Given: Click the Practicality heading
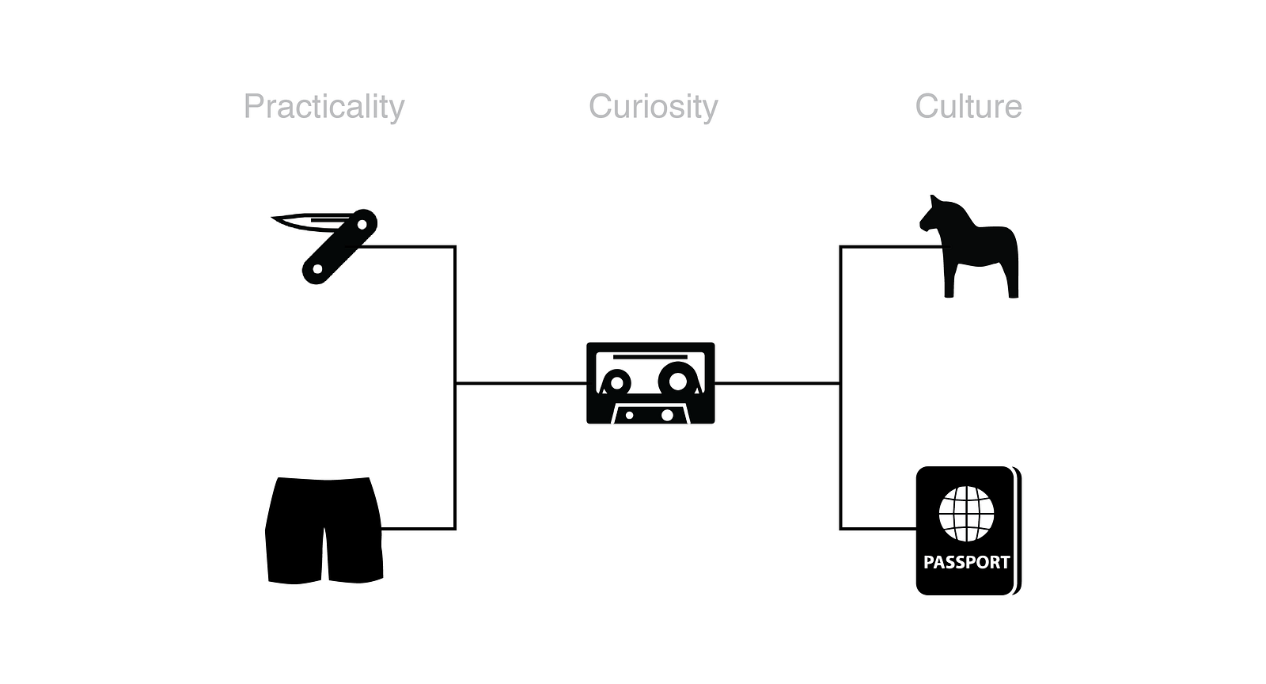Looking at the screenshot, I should click(324, 107).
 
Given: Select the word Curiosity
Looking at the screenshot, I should click(653, 107).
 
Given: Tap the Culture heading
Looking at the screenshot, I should click(968, 107).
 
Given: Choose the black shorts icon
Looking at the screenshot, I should click(324, 529).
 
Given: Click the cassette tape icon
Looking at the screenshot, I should click(650, 383).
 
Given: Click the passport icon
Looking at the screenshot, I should click(968, 530).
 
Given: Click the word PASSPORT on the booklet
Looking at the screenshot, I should click(966, 562).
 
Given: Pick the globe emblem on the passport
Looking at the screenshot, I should click(966, 512).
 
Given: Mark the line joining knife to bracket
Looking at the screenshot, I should click(407, 247).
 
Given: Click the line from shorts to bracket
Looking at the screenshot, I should click(418, 528).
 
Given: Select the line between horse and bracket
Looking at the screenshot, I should click(886, 247).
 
